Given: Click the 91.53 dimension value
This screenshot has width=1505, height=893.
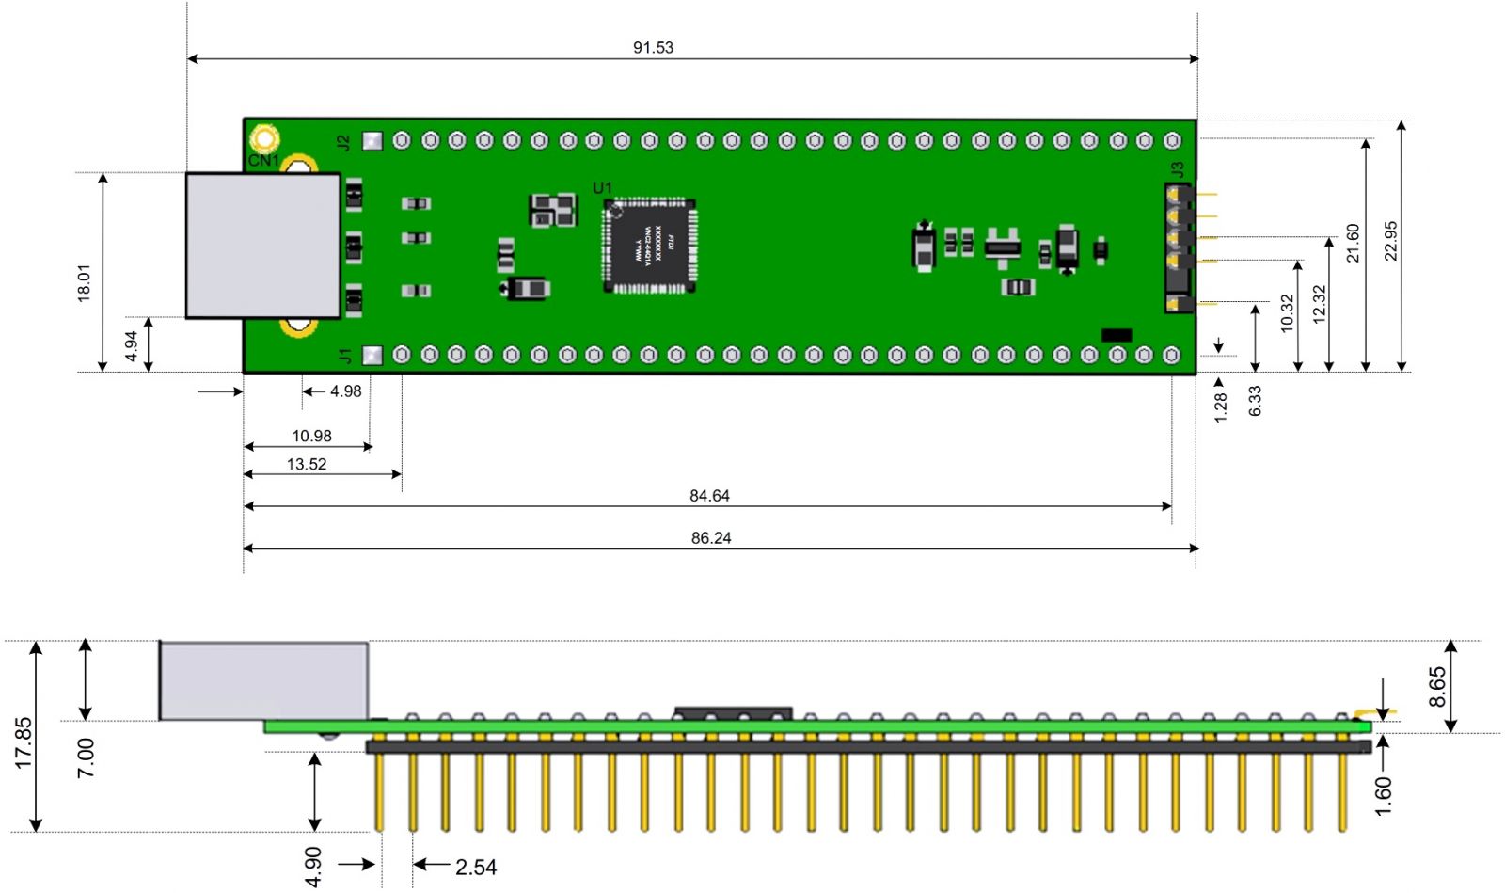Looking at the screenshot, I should tap(653, 47).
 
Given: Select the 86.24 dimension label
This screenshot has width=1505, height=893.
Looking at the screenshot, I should tap(711, 538).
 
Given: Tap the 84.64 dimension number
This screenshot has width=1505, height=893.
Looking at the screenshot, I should tap(709, 496).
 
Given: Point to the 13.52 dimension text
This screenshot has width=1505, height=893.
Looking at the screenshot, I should tap(307, 464).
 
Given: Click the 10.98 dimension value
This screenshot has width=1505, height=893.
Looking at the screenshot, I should tap(311, 436).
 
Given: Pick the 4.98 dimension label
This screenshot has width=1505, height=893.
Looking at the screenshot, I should tap(345, 391).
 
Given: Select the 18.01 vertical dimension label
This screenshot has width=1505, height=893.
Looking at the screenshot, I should tap(85, 282).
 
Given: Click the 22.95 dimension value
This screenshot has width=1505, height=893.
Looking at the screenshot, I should tap(1391, 241).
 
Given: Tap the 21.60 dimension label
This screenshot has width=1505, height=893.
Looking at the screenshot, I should tap(1353, 243).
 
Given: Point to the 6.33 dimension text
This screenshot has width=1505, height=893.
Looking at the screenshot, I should tap(1255, 401).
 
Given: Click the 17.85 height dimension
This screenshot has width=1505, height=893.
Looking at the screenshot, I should tap(24, 743).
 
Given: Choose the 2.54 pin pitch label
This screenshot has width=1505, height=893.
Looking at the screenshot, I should tap(476, 867).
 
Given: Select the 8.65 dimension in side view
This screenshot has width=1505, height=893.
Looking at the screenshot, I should tap(1437, 687).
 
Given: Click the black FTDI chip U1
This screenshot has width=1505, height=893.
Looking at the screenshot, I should tap(649, 245).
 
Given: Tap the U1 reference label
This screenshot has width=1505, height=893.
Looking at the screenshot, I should tap(602, 188).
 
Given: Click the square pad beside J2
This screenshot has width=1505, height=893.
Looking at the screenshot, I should tap(372, 141).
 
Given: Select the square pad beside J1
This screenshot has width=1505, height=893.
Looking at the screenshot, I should tap(372, 355).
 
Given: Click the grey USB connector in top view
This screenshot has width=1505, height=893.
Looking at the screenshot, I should tap(262, 246).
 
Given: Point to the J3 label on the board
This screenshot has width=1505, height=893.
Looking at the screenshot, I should tap(1177, 170).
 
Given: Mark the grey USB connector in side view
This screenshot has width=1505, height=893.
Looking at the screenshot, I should tap(263, 680).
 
